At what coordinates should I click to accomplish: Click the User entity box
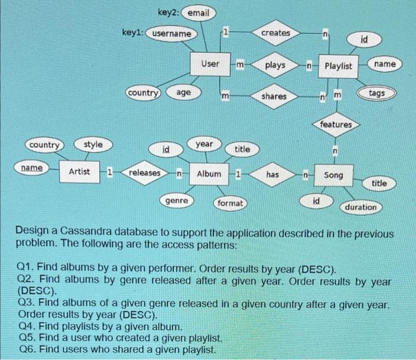click(210, 64)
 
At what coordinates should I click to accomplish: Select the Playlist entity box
click(338, 65)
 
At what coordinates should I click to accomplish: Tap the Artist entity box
click(80, 172)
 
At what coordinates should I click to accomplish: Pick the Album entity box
click(209, 173)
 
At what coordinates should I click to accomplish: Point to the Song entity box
click(333, 176)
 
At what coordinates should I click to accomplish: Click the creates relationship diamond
click(275, 33)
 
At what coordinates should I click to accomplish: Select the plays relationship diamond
click(275, 65)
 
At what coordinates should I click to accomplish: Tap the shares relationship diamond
click(274, 96)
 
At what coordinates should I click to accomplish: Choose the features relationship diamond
click(336, 125)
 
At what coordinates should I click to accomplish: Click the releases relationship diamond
click(144, 173)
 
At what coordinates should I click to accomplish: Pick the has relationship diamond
click(272, 175)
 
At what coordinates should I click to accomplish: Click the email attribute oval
click(198, 13)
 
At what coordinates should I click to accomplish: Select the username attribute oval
click(172, 34)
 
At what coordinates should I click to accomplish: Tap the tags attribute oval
click(376, 94)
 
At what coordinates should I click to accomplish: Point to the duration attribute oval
click(361, 207)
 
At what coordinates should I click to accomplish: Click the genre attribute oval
click(177, 201)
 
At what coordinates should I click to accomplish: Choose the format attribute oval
click(230, 203)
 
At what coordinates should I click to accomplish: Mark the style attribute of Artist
click(93, 144)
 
